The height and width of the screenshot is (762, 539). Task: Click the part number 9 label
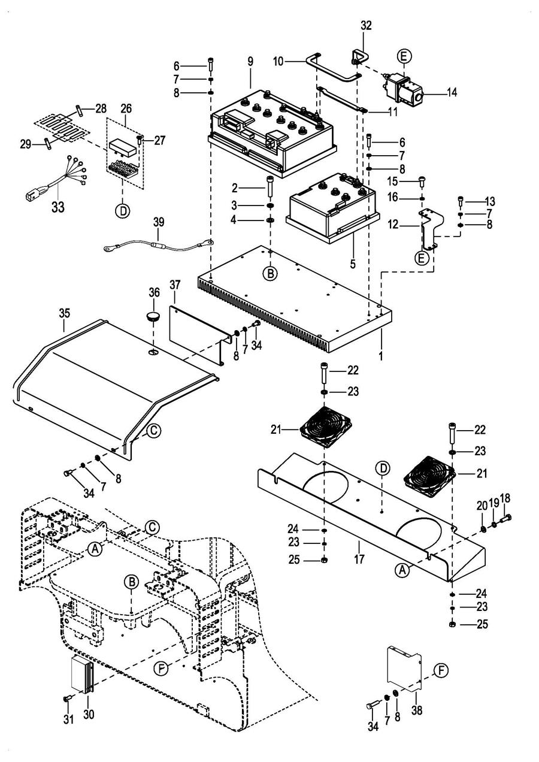[x=250, y=62]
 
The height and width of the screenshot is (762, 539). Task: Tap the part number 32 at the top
[x=366, y=26]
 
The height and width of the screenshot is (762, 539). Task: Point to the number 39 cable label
[x=158, y=221]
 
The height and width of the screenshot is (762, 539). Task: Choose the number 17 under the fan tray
[x=358, y=547]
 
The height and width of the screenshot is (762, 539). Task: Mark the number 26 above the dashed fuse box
[x=125, y=109]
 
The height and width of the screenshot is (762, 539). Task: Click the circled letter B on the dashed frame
[x=131, y=582]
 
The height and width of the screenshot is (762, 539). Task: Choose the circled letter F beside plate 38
[x=441, y=670]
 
